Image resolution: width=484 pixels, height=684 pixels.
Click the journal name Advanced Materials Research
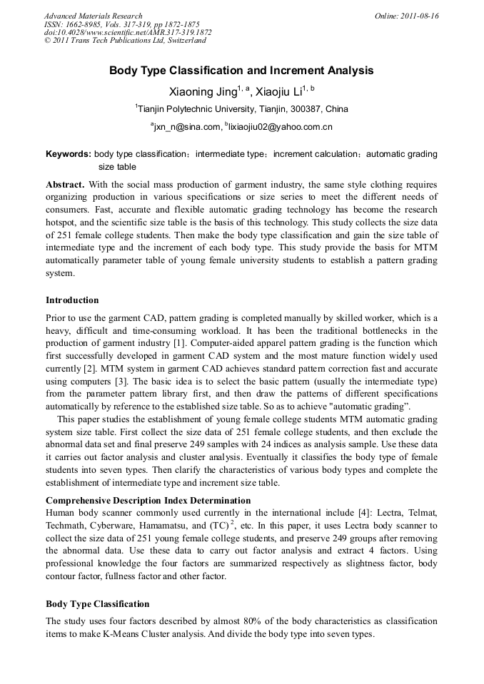click(93, 16)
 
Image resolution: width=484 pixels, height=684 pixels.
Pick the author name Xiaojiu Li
click(278, 91)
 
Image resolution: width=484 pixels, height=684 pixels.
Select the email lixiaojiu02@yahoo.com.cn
click(280, 127)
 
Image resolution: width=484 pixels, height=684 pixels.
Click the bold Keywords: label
click(69, 154)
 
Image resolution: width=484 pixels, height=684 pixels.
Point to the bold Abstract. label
click(65, 183)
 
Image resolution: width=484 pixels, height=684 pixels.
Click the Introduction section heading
click(72, 300)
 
